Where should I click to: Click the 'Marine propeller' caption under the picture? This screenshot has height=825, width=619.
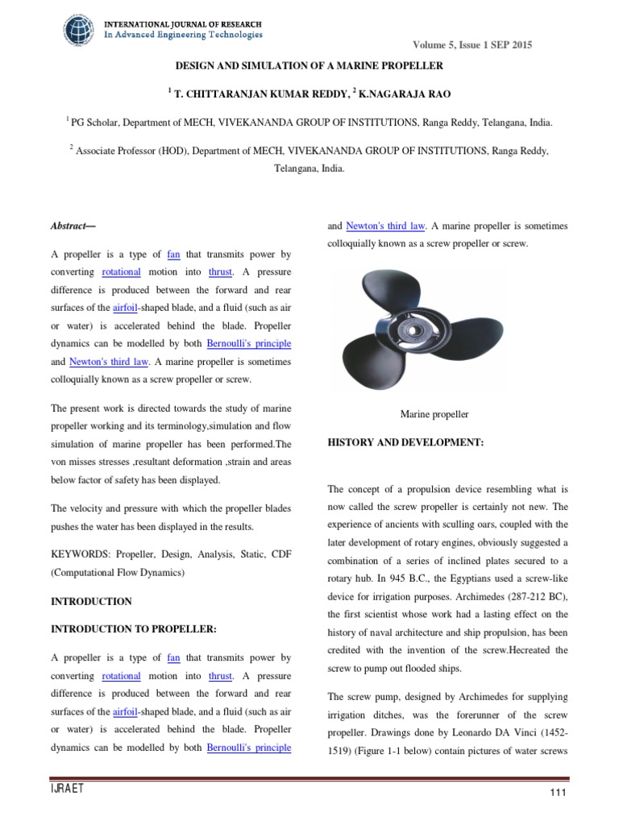click(434, 414)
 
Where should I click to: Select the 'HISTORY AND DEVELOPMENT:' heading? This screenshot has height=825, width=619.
click(405, 443)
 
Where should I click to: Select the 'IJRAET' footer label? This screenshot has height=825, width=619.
click(67, 789)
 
